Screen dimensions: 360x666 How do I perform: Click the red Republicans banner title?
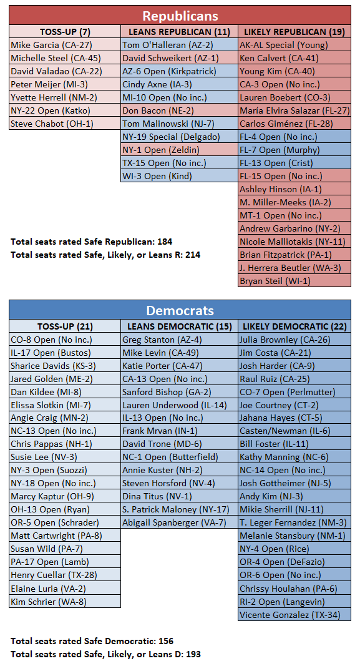pos(180,16)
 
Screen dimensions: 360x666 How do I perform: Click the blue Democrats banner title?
pos(180,310)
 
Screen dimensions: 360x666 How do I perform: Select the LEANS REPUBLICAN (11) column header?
pos(179,32)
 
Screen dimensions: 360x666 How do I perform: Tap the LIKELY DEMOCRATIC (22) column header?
pos(294,326)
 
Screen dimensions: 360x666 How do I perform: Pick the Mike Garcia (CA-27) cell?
pos(65,45)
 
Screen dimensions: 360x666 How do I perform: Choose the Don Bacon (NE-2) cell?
pos(179,110)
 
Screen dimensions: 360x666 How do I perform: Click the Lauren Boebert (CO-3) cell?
pos(294,97)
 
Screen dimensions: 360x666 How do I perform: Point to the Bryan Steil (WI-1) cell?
pos(294,281)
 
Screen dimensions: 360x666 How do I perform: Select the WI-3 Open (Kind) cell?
pos(179,176)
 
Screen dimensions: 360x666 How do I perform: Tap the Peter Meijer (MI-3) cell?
pos(65,84)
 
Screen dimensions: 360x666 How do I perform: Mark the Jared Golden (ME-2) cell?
pos(65,379)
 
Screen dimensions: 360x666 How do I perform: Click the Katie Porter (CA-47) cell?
pos(179,366)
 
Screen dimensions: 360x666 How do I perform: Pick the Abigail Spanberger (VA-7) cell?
pos(179,522)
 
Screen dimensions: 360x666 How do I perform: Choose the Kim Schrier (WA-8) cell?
pos(65,602)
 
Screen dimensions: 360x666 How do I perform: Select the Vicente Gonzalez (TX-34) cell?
pos(294,615)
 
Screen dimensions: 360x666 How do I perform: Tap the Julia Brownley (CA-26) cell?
pos(294,340)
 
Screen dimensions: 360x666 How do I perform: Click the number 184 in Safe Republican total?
pos(165,242)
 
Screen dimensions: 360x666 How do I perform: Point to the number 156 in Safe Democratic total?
pos(166,641)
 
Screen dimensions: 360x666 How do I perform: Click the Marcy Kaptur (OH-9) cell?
pos(65,496)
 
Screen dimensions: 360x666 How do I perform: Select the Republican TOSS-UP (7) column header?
pos(65,32)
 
